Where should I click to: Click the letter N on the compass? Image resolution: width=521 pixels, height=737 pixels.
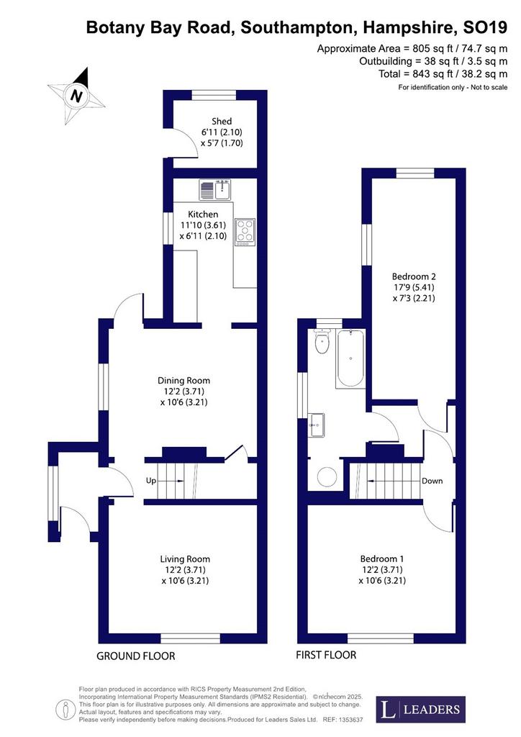pos(76,96)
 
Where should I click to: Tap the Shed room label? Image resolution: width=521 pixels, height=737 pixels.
pos(222,121)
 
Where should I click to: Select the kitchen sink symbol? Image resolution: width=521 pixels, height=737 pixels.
pos(214,189)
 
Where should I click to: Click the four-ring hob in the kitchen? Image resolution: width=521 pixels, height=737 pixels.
pos(245,232)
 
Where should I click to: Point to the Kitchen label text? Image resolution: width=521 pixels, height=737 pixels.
pos(203,214)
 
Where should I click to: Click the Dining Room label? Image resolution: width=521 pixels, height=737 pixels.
pos(184,381)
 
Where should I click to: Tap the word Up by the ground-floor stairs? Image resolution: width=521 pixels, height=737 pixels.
pos(151,481)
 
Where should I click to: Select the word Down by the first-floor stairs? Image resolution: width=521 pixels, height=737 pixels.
pos(432,481)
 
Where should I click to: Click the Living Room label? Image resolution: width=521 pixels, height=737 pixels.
pos(185,559)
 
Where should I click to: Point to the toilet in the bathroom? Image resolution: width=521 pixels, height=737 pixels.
pos(322,341)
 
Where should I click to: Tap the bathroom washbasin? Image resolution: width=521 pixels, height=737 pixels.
pos(316,425)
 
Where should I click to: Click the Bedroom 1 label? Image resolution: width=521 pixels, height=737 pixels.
pos(382,559)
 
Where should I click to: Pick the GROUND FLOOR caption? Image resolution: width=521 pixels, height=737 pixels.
pos(136,656)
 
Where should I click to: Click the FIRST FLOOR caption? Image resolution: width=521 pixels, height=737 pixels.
pos(326,655)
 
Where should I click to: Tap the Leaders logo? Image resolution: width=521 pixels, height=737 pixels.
pos(421,709)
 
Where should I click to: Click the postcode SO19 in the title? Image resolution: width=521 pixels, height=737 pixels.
pos(485,28)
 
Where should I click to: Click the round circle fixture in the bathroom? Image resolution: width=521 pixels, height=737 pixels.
pos(327,476)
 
